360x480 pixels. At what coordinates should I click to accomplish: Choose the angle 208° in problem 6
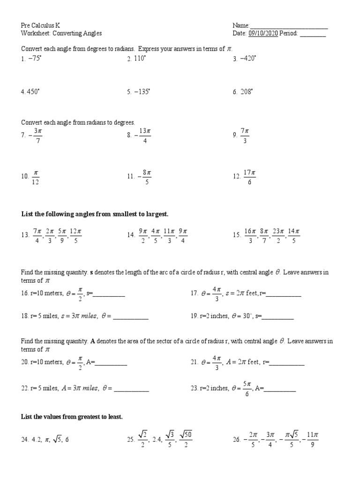coord(246,92)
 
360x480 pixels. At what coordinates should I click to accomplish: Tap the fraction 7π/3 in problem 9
coord(245,135)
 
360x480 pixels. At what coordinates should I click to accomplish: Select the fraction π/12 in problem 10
coord(36,177)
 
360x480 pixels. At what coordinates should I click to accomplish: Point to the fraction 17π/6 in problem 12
coord(249,177)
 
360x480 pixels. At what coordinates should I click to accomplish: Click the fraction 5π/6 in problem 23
coord(247,389)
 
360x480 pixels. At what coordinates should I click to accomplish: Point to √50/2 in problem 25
coord(186,440)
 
